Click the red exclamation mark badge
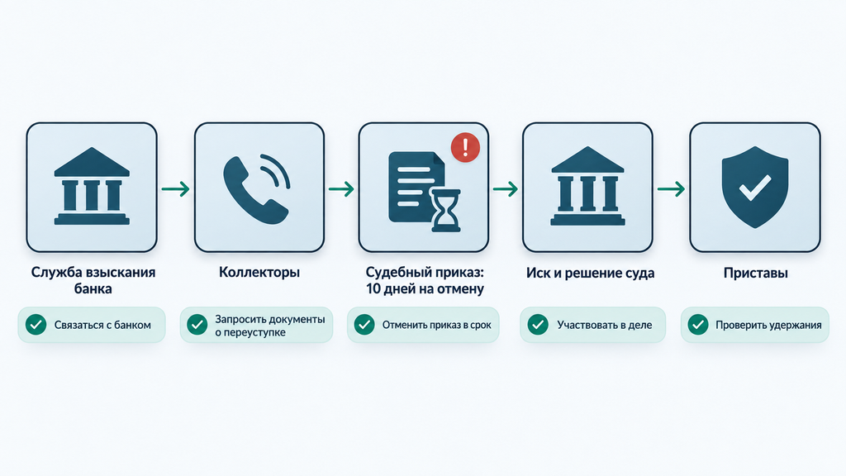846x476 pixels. pos(465,147)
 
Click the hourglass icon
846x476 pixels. pos(445,211)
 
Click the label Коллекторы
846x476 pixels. pos(259,272)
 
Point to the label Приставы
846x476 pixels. pos(755,273)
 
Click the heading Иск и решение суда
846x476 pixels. pos(590,273)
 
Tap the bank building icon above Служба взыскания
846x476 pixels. pos(92,186)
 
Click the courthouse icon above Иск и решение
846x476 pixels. pos(587,186)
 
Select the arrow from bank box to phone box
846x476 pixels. pos(176,189)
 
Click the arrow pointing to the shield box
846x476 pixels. pos(671,189)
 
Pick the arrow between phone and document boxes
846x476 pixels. pos(341,189)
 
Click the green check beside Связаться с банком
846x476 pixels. pos(36,324)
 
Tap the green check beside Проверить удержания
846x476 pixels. pos(697,324)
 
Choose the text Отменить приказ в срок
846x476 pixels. pos(437,325)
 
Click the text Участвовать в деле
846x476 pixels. pos(604,325)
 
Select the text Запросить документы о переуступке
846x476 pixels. pos(270,326)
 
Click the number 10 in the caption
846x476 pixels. pos(373,288)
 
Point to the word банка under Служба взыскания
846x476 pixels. pos(93,288)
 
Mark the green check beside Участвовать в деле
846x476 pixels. pos(537,324)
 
